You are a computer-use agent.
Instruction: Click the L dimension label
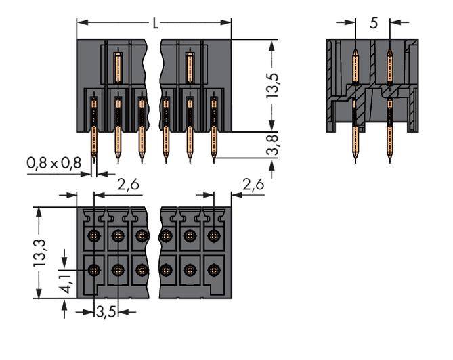[155, 24]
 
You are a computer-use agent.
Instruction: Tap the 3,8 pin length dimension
[273, 144]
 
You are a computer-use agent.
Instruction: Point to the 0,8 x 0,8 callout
[53, 163]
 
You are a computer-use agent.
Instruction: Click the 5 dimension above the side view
[374, 22]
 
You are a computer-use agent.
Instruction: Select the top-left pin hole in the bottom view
[94, 236]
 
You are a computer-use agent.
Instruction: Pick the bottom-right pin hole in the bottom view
[214, 269]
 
